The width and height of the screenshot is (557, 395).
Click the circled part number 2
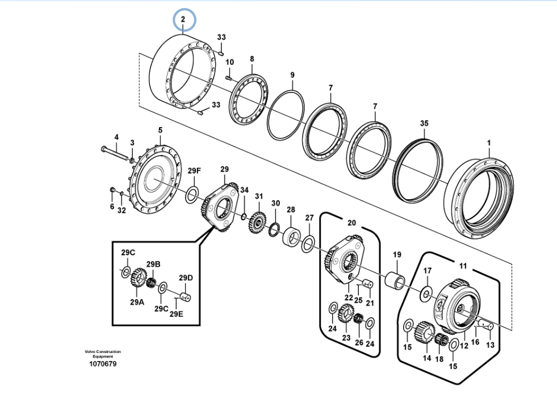[x=183, y=19]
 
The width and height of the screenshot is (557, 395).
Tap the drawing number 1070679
[x=103, y=364]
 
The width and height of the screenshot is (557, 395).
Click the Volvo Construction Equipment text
[x=103, y=354]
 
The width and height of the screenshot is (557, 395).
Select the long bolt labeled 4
[x=115, y=153]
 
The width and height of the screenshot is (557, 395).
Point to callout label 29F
[x=194, y=171]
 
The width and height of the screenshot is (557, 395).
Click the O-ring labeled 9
[x=286, y=115]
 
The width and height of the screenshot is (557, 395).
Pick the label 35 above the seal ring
[x=424, y=123]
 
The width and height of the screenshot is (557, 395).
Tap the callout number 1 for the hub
[x=489, y=143]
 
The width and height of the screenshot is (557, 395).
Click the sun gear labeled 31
[x=258, y=223]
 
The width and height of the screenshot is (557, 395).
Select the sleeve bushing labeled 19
[x=395, y=280]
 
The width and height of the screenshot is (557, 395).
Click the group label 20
[x=351, y=222]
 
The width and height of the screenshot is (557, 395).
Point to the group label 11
[x=463, y=266]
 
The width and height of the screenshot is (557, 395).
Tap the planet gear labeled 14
[x=425, y=333]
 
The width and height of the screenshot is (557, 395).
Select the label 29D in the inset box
[x=186, y=278]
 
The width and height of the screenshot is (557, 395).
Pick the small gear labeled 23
[x=345, y=313]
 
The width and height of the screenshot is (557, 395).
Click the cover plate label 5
[x=160, y=131]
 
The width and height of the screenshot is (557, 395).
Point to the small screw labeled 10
[x=228, y=77]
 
